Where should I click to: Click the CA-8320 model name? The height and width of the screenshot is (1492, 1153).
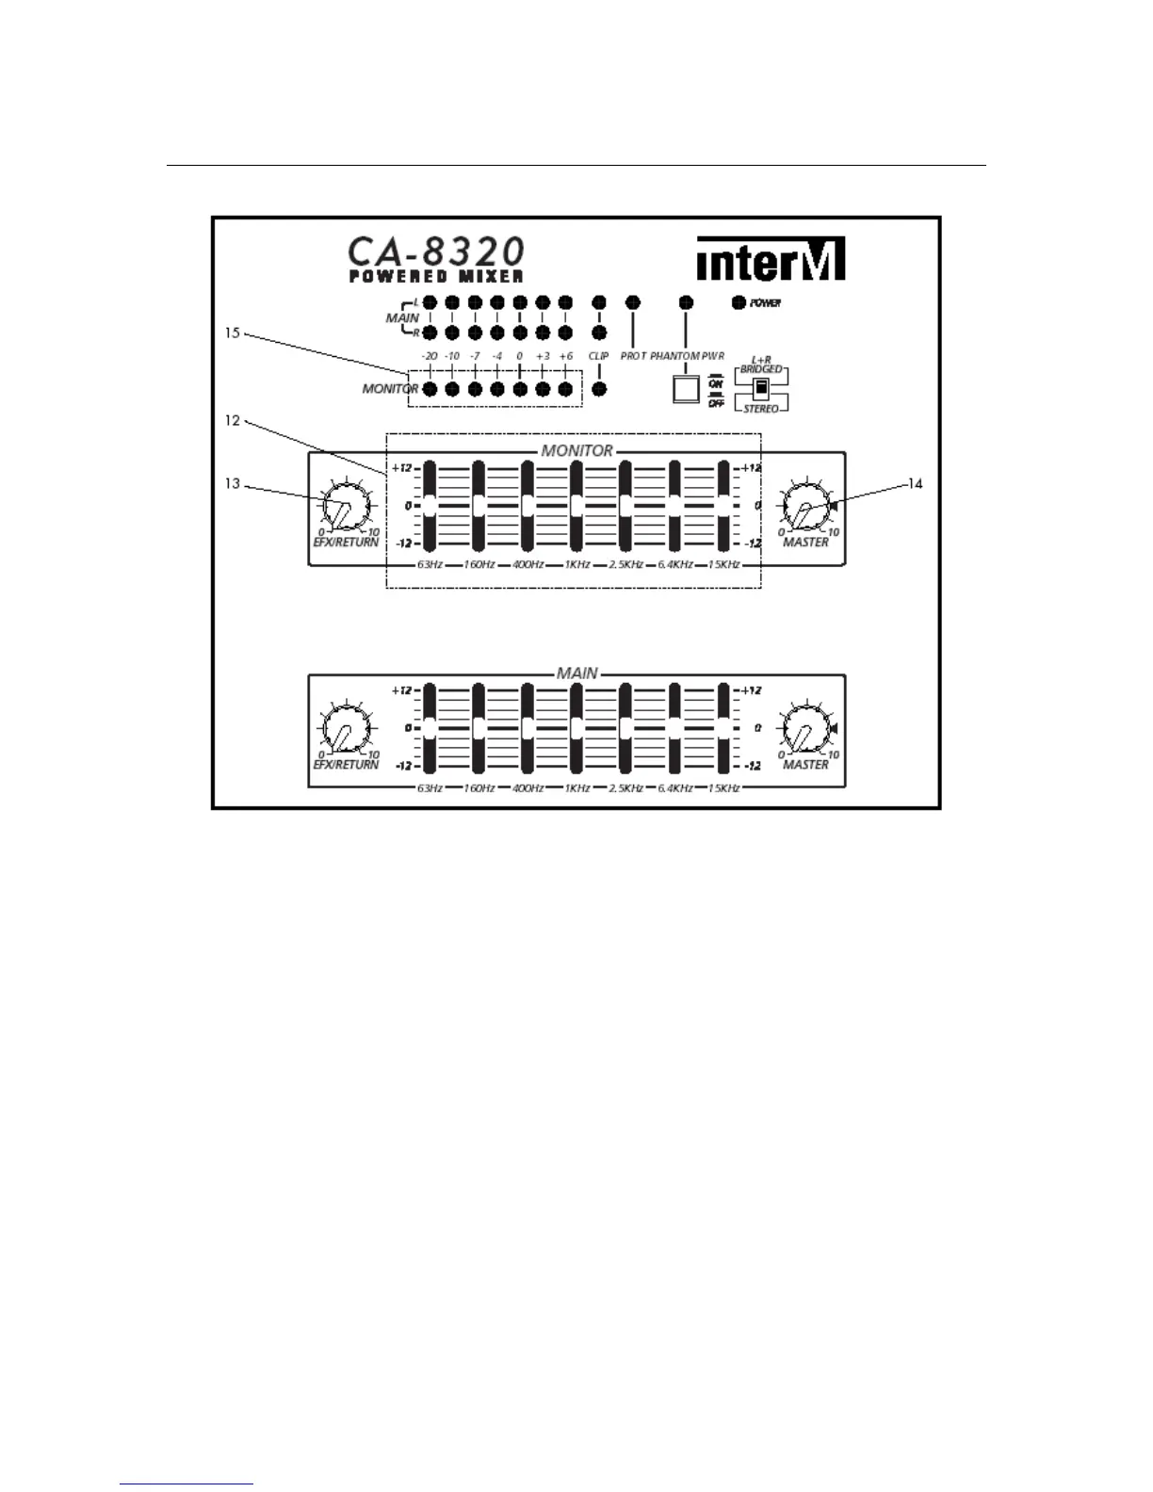pos(436,252)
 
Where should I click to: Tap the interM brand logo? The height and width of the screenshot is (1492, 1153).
pos(771,259)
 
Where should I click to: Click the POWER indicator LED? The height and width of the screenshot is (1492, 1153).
pos(739,303)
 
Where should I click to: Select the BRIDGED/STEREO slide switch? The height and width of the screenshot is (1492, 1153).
pos(760,389)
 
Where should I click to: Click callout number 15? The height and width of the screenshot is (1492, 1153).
pos(233,332)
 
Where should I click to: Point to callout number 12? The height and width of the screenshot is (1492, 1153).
pos(233,421)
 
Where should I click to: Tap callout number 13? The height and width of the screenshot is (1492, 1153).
pos(233,484)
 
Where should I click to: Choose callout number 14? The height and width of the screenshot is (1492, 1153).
pos(915,484)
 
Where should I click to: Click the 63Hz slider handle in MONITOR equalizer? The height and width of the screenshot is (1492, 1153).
pos(430,506)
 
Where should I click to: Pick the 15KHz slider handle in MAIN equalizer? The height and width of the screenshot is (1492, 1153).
pos(723,728)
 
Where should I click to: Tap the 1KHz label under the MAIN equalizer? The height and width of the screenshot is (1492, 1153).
pos(577,787)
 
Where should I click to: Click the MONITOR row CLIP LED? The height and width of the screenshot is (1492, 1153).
pos(598,389)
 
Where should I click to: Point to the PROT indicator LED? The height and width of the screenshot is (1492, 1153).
pos(632,302)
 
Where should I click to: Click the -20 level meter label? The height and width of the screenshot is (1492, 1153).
pos(430,357)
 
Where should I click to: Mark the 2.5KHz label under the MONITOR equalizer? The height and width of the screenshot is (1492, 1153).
pos(625,565)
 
